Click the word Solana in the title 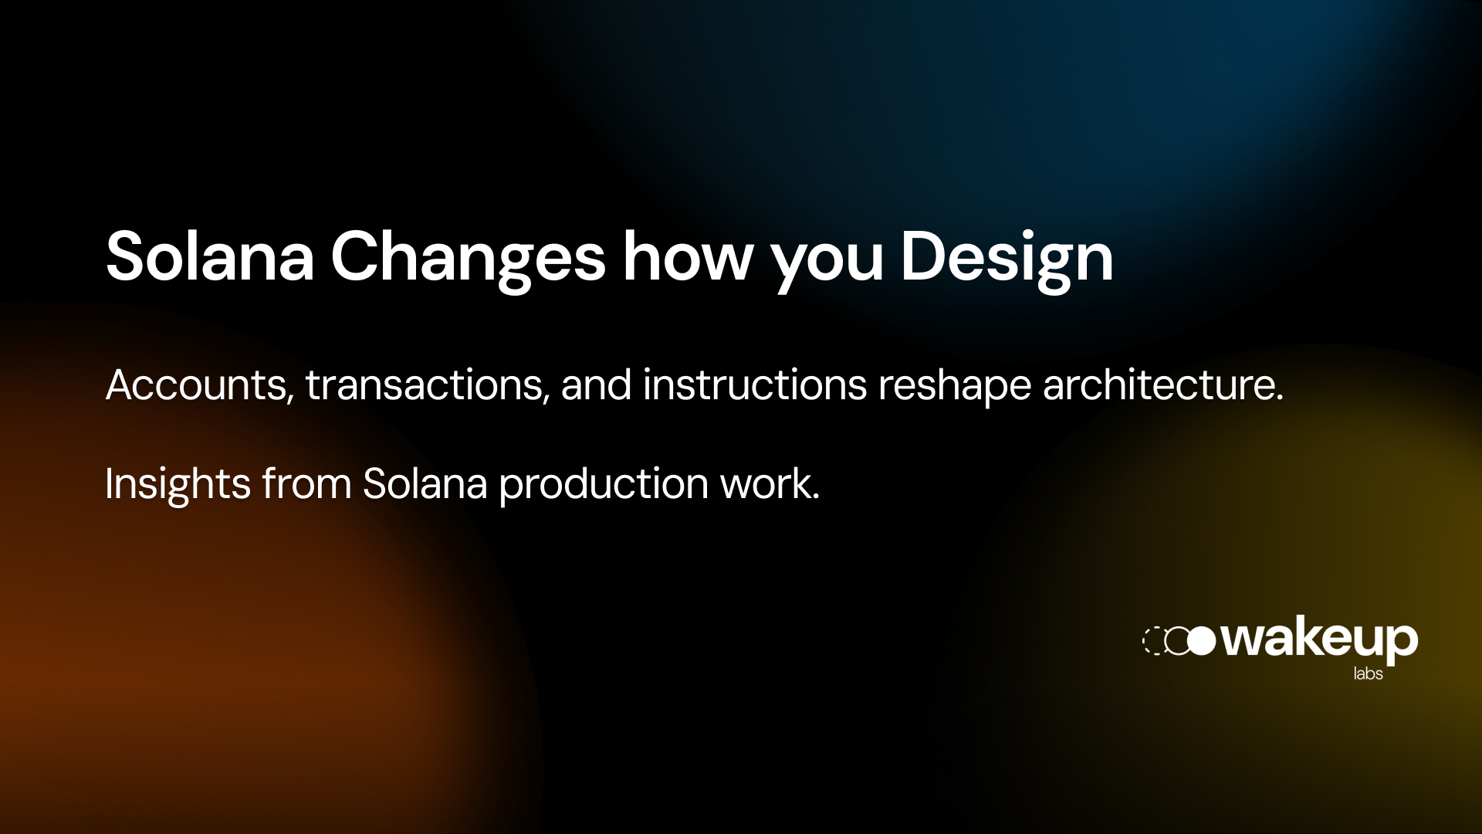(x=210, y=257)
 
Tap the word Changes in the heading (x=468, y=257)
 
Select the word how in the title (x=687, y=257)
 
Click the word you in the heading (x=827, y=263)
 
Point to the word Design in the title (x=1007, y=257)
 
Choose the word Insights (x=178, y=484)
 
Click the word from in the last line (x=306, y=484)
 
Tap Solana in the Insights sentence (x=425, y=484)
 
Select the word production (x=604, y=484)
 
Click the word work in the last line (x=768, y=484)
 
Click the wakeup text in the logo (x=1320, y=639)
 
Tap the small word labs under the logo (x=1368, y=673)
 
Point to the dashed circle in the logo (x=1153, y=641)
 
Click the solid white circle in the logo (x=1202, y=641)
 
